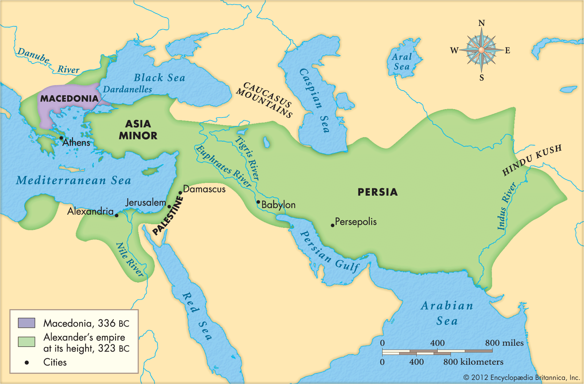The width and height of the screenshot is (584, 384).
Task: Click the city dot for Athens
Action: (x=61, y=138)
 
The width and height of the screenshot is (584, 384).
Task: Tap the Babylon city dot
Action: (x=258, y=202)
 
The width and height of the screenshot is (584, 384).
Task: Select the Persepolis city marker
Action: (x=333, y=225)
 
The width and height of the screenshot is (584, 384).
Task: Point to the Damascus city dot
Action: (x=180, y=193)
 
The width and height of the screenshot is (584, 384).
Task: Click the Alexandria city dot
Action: (x=117, y=215)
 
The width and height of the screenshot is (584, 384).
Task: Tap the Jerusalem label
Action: (x=145, y=202)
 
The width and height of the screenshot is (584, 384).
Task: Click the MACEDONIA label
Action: (x=69, y=99)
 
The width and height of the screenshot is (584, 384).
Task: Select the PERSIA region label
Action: (x=377, y=192)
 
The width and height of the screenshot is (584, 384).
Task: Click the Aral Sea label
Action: (x=401, y=62)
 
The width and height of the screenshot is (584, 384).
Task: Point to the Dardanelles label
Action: (x=127, y=89)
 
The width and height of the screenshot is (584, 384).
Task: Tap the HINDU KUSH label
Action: (x=532, y=160)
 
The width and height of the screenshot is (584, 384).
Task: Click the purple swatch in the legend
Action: (x=27, y=323)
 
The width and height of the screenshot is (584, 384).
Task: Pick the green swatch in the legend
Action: (x=27, y=342)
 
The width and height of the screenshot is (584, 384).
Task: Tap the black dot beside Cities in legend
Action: (x=27, y=362)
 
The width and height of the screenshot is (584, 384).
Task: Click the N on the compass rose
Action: (x=481, y=23)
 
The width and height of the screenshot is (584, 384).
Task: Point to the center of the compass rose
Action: (x=481, y=50)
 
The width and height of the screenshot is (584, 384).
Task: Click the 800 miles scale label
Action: (x=504, y=343)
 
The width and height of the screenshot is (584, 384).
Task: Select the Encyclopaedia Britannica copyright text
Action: (x=522, y=377)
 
